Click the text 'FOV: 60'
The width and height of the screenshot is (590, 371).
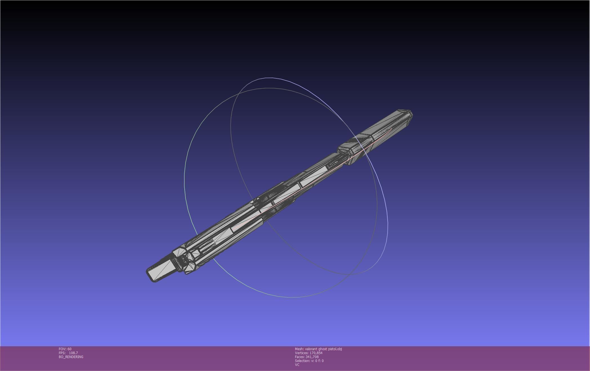[65, 349]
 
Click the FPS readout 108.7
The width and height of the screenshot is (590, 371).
[73, 353]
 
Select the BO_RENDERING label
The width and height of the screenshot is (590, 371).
[71, 357]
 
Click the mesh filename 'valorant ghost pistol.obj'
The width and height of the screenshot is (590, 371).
[323, 349]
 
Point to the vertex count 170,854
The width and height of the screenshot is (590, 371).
[316, 353]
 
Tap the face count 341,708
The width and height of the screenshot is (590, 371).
[312, 357]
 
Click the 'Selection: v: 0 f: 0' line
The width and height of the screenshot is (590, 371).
[309, 361]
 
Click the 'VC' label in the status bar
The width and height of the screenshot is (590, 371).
[297, 365]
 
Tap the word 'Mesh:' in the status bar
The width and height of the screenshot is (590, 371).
[299, 349]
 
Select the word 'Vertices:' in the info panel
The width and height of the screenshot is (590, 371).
[301, 353]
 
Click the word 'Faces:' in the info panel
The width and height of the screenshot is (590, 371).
[300, 357]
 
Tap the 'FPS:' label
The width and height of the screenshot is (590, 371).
[62, 353]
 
